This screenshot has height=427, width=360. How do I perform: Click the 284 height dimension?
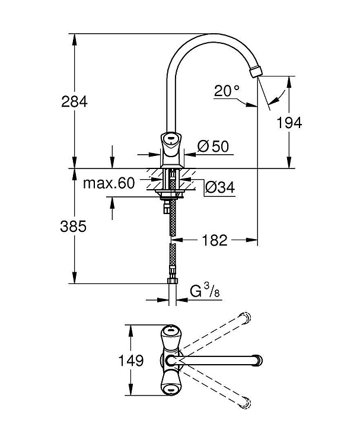coord(74,101)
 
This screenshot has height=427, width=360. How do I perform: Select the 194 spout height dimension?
coord(289,123)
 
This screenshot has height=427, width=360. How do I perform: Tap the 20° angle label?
coord(227,90)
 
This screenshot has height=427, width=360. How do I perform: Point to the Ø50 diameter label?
coord(214,146)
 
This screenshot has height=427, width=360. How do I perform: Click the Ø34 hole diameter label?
coord(220,187)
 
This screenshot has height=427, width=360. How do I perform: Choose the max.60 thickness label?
coord(109,183)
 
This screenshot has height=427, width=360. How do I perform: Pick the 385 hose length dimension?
coord(74,226)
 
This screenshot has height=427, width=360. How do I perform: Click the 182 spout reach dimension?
coord(215,240)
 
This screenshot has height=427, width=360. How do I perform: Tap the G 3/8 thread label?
coord(205,291)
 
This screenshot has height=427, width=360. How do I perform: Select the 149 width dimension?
coord(130,361)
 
